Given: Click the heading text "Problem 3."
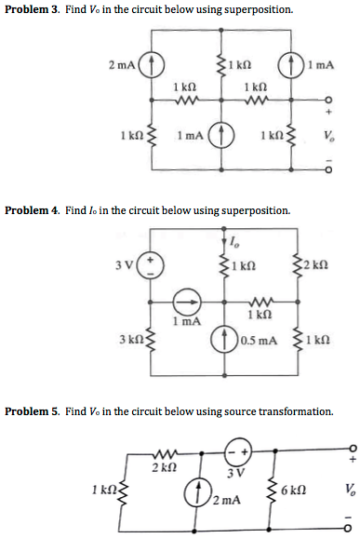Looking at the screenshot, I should point(31,9).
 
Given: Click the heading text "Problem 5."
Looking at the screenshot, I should point(31,410).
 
